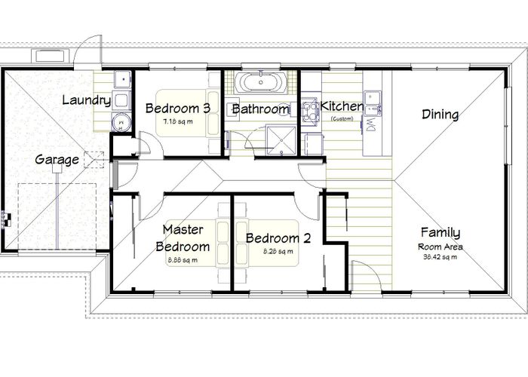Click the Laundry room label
click(x=86, y=100)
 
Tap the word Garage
click(x=57, y=160)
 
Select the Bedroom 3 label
click(x=178, y=108)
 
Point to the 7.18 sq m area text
click(x=178, y=121)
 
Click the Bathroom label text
click(x=260, y=110)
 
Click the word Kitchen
click(x=342, y=106)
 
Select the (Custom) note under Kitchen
click(x=342, y=118)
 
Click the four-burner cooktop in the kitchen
click(x=310, y=112)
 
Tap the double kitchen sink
click(x=373, y=98)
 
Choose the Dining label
click(x=440, y=115)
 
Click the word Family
click(x=441, y=233)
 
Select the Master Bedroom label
click(x=183, y=238)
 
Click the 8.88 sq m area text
click(x=183, y=260)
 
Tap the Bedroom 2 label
click(x=278, y=238)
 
